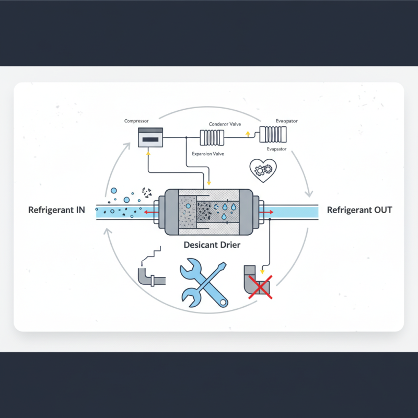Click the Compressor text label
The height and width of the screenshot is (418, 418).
(136, 121)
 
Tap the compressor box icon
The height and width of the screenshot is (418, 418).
(149, 137)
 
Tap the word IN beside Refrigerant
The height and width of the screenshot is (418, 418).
(79, 211)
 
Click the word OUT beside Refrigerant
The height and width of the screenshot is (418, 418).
(381, 211)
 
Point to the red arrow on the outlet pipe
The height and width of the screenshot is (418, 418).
(271, 212)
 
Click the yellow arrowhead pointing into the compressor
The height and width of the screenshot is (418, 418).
(148, 153)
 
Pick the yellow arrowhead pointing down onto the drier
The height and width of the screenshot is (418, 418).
(208, 183)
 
